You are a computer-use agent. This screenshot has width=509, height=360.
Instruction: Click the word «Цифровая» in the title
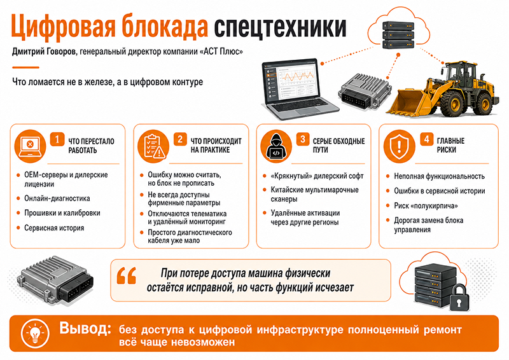coord(63,26)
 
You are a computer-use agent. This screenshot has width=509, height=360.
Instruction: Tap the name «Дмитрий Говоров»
coord(44,52)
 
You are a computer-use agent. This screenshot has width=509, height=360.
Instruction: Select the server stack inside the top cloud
coord(398,35)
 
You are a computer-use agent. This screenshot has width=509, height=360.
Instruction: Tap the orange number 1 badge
coord(57,139)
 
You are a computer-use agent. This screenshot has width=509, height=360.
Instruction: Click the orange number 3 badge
coord(303,139)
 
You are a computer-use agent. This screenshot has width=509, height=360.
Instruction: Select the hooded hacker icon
coord(275,146)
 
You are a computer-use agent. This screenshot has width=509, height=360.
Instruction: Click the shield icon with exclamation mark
coord(399,146)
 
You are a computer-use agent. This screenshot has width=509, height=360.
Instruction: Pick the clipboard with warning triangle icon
coord(153,146)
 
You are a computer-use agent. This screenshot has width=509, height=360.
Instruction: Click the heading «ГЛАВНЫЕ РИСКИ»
coord(450,145)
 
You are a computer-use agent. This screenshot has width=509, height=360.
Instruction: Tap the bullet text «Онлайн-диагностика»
coord(57,198)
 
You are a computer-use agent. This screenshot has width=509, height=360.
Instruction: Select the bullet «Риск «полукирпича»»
coord(426,205)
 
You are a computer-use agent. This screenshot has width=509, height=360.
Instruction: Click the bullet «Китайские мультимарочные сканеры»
coord(314,194)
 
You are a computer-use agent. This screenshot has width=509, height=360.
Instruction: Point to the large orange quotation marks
coord(126,275)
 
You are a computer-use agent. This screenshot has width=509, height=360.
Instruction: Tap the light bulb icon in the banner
coord(35,333)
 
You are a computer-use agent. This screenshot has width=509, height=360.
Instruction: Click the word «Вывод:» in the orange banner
coord(85,328)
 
